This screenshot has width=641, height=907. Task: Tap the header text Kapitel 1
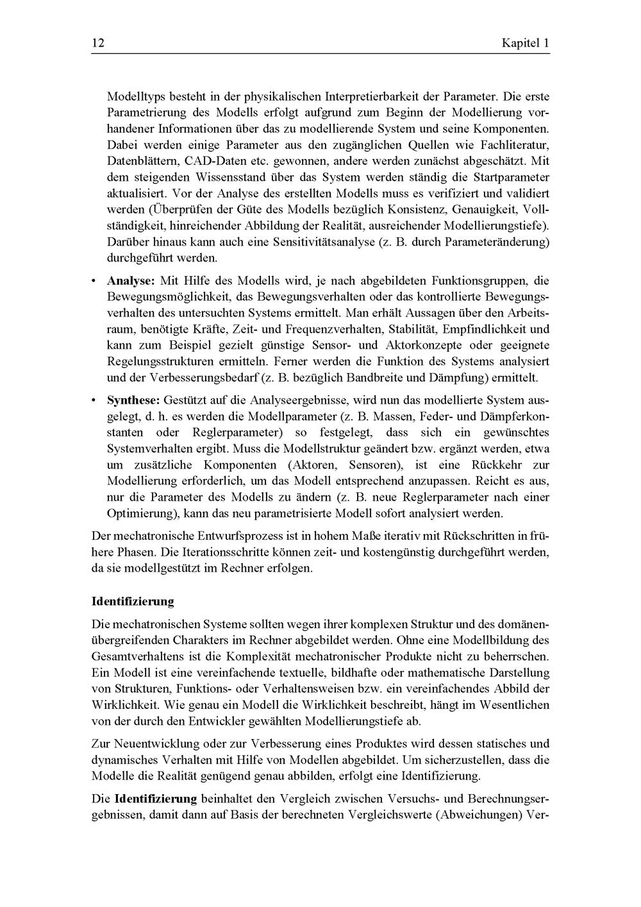(x=526, y=44)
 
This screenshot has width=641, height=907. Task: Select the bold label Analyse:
(x=131, y=281)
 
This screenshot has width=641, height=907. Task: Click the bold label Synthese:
(x=133, y=400)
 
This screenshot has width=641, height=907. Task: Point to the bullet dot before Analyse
(x=94, y=281)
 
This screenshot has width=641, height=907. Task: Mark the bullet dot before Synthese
(x=94, y=400)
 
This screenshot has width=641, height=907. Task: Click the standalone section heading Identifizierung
(x=133, y=601)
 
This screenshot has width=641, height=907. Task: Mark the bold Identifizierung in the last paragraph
(x=156, y=799)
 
